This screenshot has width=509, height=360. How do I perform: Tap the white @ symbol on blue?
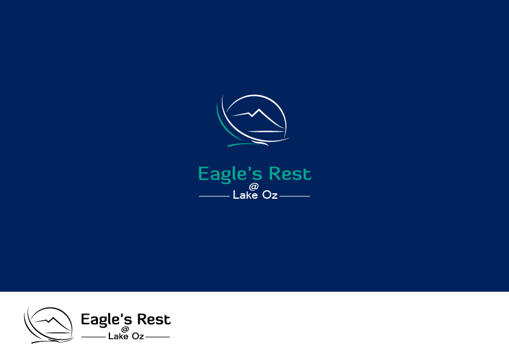[x=253, y=187]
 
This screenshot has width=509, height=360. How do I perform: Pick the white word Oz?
[x=270, y=194]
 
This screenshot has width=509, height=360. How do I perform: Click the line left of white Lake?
[x=214, y=196]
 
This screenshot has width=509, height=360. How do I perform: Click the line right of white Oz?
[x=295, y=196]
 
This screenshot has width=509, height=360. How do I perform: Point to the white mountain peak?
[x=259, y=109]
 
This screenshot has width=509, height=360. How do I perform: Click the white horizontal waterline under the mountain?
[x=266, y=131]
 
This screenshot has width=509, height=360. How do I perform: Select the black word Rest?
[x=154, y=320]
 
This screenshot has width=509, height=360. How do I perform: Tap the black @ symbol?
[x=125, y=330]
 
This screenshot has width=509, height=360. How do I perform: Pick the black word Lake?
[x=118, y=336]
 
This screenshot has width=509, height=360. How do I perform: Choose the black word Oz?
[x=138, y=336]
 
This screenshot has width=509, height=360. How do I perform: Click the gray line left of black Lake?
[x=94, y=337]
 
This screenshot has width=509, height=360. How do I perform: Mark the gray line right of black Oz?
[x=158, y=337]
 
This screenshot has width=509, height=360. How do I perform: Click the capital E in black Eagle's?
[x=85, y=319]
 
